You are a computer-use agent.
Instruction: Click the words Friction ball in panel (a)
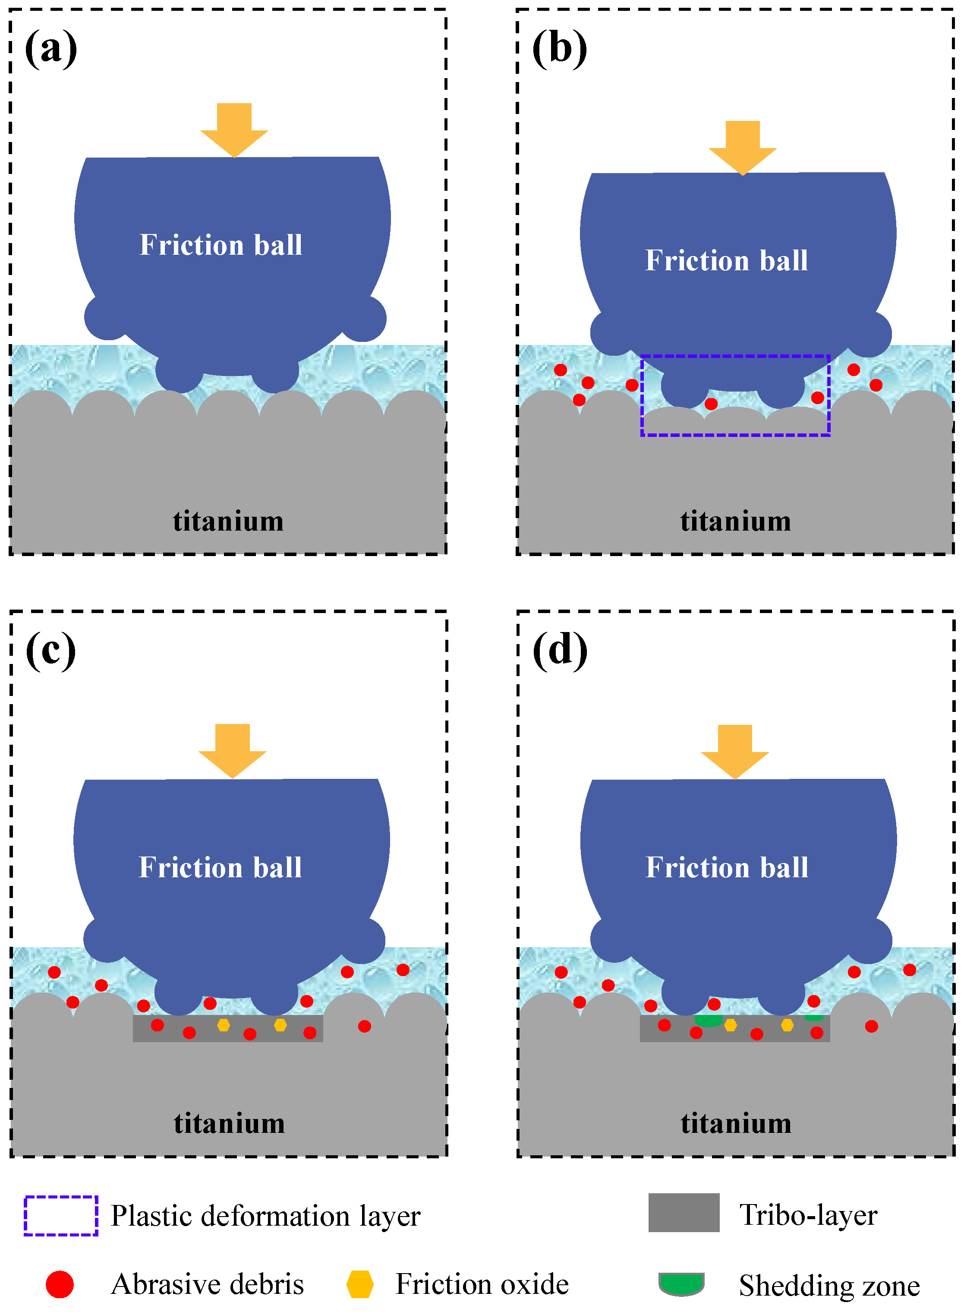pyautogui.click(x=221, y=245)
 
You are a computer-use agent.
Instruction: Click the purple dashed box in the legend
pyautogui.click(x=61, y=1216)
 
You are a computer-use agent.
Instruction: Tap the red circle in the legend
pyautogui.click(x=60, y=1284)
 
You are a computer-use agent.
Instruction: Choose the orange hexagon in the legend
pyautogui.click(x=359, y=1284)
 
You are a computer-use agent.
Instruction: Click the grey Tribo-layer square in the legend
pyautogui.click(x=684, y=1213)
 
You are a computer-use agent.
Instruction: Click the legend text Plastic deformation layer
pyautogui.click(x=265, y=1216)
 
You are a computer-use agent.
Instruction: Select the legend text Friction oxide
pyautogui.click(x=482, y=1284)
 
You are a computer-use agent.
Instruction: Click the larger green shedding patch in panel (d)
pyautogui.click(x=709, y=1021)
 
